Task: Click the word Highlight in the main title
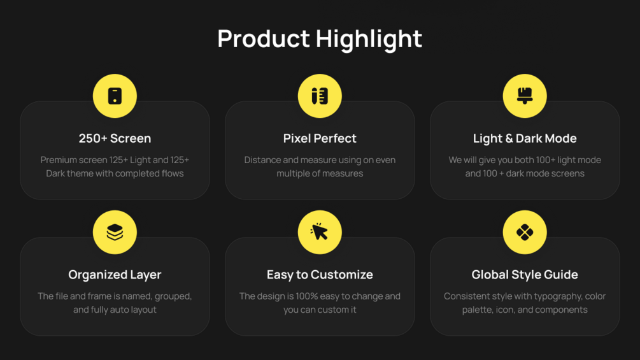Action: coord(369,39)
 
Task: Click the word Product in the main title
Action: coord(264,39)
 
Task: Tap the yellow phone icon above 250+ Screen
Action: coord(115,96)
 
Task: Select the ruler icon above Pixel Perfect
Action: coord(320,96)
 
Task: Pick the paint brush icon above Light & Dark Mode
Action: coord(525,96)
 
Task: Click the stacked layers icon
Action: coord(115,232)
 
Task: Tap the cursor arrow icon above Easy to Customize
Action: coord(320,232)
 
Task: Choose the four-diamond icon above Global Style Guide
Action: coord(525,232)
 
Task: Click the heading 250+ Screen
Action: coord(115,138)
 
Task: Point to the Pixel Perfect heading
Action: coord(320,138)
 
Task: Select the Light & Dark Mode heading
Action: coord(525,138)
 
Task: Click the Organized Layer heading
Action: coord(115,275)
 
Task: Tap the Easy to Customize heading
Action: coord(320,275)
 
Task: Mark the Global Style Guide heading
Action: coord(525,275)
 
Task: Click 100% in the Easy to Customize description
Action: coord(308,296)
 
